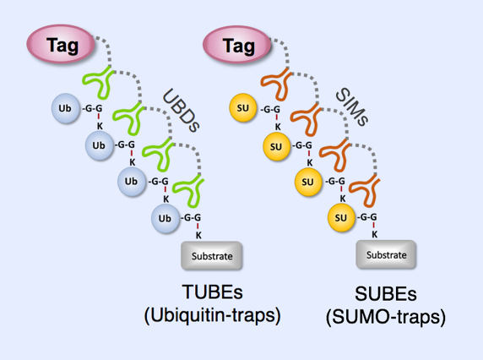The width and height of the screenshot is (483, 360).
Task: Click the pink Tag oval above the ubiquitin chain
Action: point(61,44)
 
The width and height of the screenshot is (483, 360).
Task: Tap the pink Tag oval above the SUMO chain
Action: point(236,45)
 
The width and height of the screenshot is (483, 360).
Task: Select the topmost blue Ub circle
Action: point(66,108)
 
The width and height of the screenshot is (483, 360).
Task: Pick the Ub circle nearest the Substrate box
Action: point(166,218)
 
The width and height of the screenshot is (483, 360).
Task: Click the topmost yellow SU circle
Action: point(243,108)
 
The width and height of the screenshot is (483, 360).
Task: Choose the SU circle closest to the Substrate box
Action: point(341,217)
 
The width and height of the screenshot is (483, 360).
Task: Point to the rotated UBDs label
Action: point(181,111)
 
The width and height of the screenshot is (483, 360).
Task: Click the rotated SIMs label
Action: point(352,106)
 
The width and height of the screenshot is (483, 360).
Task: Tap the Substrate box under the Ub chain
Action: point(212,256)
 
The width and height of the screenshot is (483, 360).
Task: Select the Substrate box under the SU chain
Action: point(386,254)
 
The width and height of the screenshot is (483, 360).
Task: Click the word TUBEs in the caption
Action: point(212,292)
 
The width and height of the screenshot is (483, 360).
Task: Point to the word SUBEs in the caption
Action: point(386,294)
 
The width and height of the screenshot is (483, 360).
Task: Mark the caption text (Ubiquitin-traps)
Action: point(213,315)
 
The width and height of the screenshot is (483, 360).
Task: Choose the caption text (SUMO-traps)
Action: point(386,317)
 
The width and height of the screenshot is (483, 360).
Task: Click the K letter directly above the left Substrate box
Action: point(198,236)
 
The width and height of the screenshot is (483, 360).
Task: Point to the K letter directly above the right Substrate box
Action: point(375,235)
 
